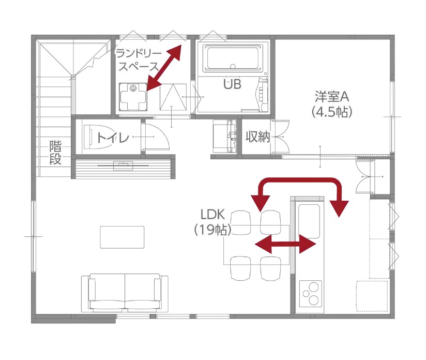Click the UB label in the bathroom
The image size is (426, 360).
[232, 84]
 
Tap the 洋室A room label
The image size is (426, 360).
[332, 97]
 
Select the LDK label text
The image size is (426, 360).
[212, 215]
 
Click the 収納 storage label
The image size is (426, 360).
[258, 137]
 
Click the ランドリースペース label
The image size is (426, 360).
[139, 61]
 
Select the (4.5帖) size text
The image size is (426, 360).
[332, 112]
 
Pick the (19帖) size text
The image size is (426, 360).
[212, 230]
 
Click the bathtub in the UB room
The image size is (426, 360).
[233, 58]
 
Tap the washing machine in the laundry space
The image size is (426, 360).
[133, 97]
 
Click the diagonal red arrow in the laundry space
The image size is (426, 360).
[164, 67]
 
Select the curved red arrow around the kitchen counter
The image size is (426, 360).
[300, 180]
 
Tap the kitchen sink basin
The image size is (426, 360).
[309, 221]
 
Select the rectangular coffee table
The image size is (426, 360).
[122, 237]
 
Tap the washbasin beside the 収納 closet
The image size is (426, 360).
[225, 136]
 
